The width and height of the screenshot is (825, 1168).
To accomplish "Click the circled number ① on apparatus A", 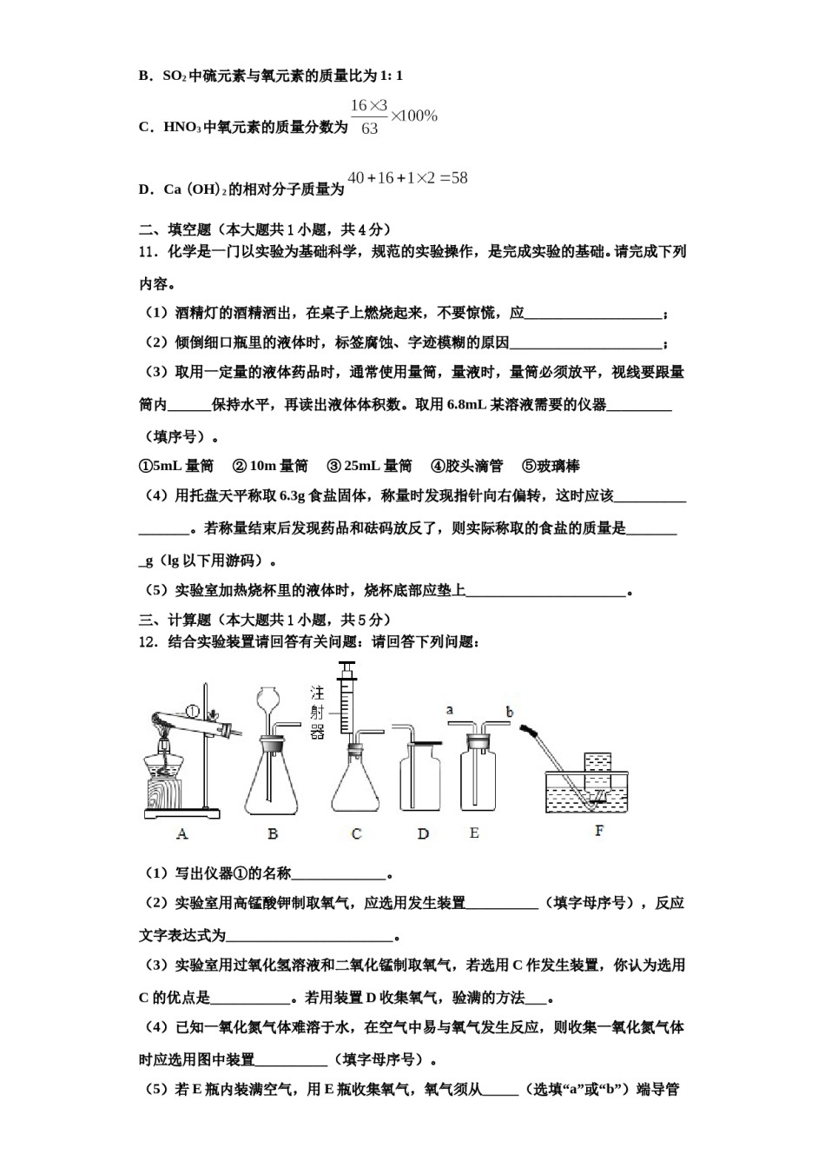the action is point(193,712).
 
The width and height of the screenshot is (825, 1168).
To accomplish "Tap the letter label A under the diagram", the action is point(181,833).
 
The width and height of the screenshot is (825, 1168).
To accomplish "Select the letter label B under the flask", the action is point(273,833).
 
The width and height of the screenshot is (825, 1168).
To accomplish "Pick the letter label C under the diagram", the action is point(356,833).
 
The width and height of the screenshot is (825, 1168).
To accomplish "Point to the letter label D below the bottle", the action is point(423,833).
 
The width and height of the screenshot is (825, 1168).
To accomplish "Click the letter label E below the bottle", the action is point(473,833).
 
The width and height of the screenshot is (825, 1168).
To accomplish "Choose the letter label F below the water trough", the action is point(599,831).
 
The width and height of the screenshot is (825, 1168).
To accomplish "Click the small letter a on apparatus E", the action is point(450,710).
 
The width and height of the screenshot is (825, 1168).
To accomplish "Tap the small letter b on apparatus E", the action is point(510,712).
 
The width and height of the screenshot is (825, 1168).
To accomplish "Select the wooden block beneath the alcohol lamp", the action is point(163,795).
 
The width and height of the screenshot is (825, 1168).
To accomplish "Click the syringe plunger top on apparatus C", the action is point(347,669).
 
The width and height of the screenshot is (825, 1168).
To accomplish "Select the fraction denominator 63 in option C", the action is point(369,129).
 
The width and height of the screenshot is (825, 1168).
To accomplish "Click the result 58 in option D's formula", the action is point(458,178).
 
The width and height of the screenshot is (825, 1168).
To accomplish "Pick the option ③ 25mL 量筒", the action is point(369,466).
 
